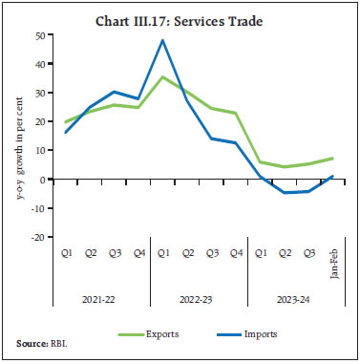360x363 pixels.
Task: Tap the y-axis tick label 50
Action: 39,35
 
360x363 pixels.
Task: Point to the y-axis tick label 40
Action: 39,64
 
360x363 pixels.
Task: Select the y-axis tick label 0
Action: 42,180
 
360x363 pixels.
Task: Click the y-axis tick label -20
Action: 37,237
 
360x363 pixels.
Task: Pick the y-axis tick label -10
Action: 37,208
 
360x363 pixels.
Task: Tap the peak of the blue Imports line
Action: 163,40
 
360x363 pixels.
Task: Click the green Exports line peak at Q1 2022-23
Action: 163,77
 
